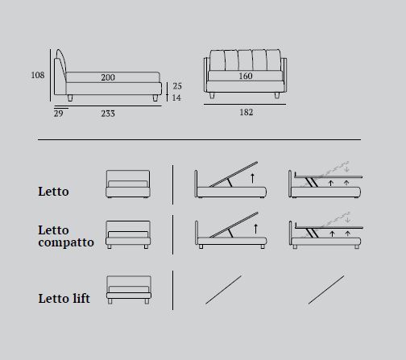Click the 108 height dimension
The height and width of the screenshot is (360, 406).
[x=38, y=75]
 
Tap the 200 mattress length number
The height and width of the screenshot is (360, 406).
[x=108, y=77]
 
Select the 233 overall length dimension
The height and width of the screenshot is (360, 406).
[x=108, y=114]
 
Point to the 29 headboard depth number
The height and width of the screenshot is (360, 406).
[x=59, y=114]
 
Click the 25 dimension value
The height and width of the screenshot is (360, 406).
[x=177, y=86]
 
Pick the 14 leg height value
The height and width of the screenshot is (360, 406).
[x=176, y=97]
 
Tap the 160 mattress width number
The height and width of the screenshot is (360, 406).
[x=246, y=76]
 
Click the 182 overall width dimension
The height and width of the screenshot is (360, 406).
[x=246, y=112]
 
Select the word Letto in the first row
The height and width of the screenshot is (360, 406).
[x=53, y=192]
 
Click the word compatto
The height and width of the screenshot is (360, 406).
[x=66, y=242]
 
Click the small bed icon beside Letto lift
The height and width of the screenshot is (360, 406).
[x=129, y=290]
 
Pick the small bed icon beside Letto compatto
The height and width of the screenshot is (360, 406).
[x=128, y=234]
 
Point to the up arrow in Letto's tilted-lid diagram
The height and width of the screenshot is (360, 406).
[x=252, y=178]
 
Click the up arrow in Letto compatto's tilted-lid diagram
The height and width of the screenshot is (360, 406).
[x=255, y=229]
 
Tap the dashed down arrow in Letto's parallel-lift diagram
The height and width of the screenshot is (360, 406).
[x=346, y=168]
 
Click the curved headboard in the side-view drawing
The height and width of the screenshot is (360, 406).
[x=61, y=65]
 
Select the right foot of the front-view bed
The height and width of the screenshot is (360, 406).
[x=277, y=95]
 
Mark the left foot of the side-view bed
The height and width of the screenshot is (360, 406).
[x=70, y=98]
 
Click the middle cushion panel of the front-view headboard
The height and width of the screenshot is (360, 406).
[x=246, y=60]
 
